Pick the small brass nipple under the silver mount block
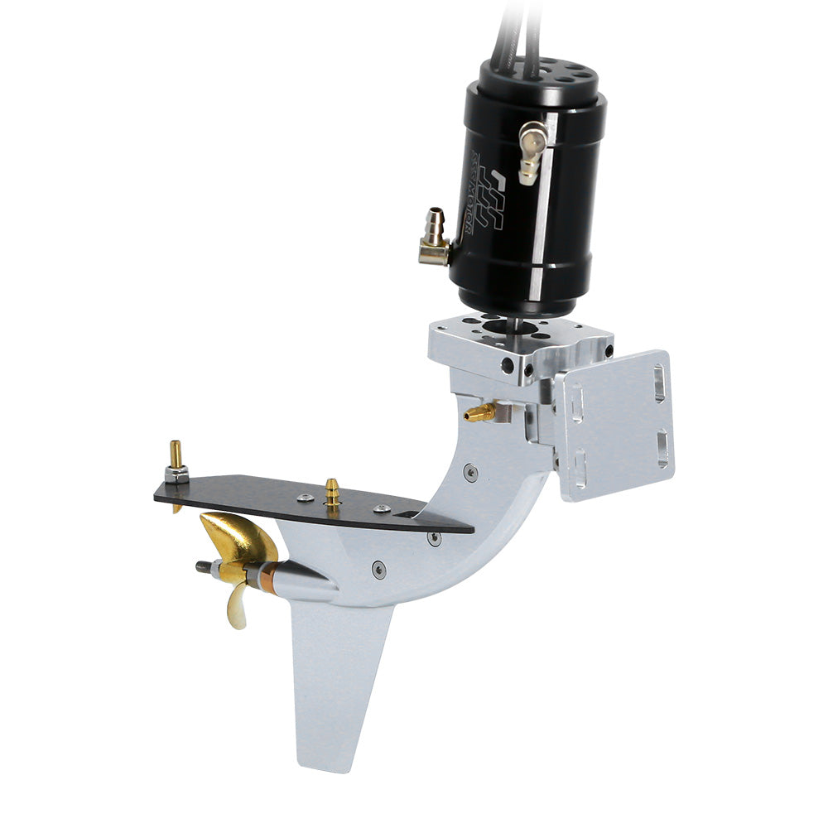(481, 412)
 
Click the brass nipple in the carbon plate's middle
(332, 492)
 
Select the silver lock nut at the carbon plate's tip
(176, 474)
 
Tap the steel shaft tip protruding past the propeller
(202, 567)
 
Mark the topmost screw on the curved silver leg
(470, 473)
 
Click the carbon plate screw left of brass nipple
(305, 498)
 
